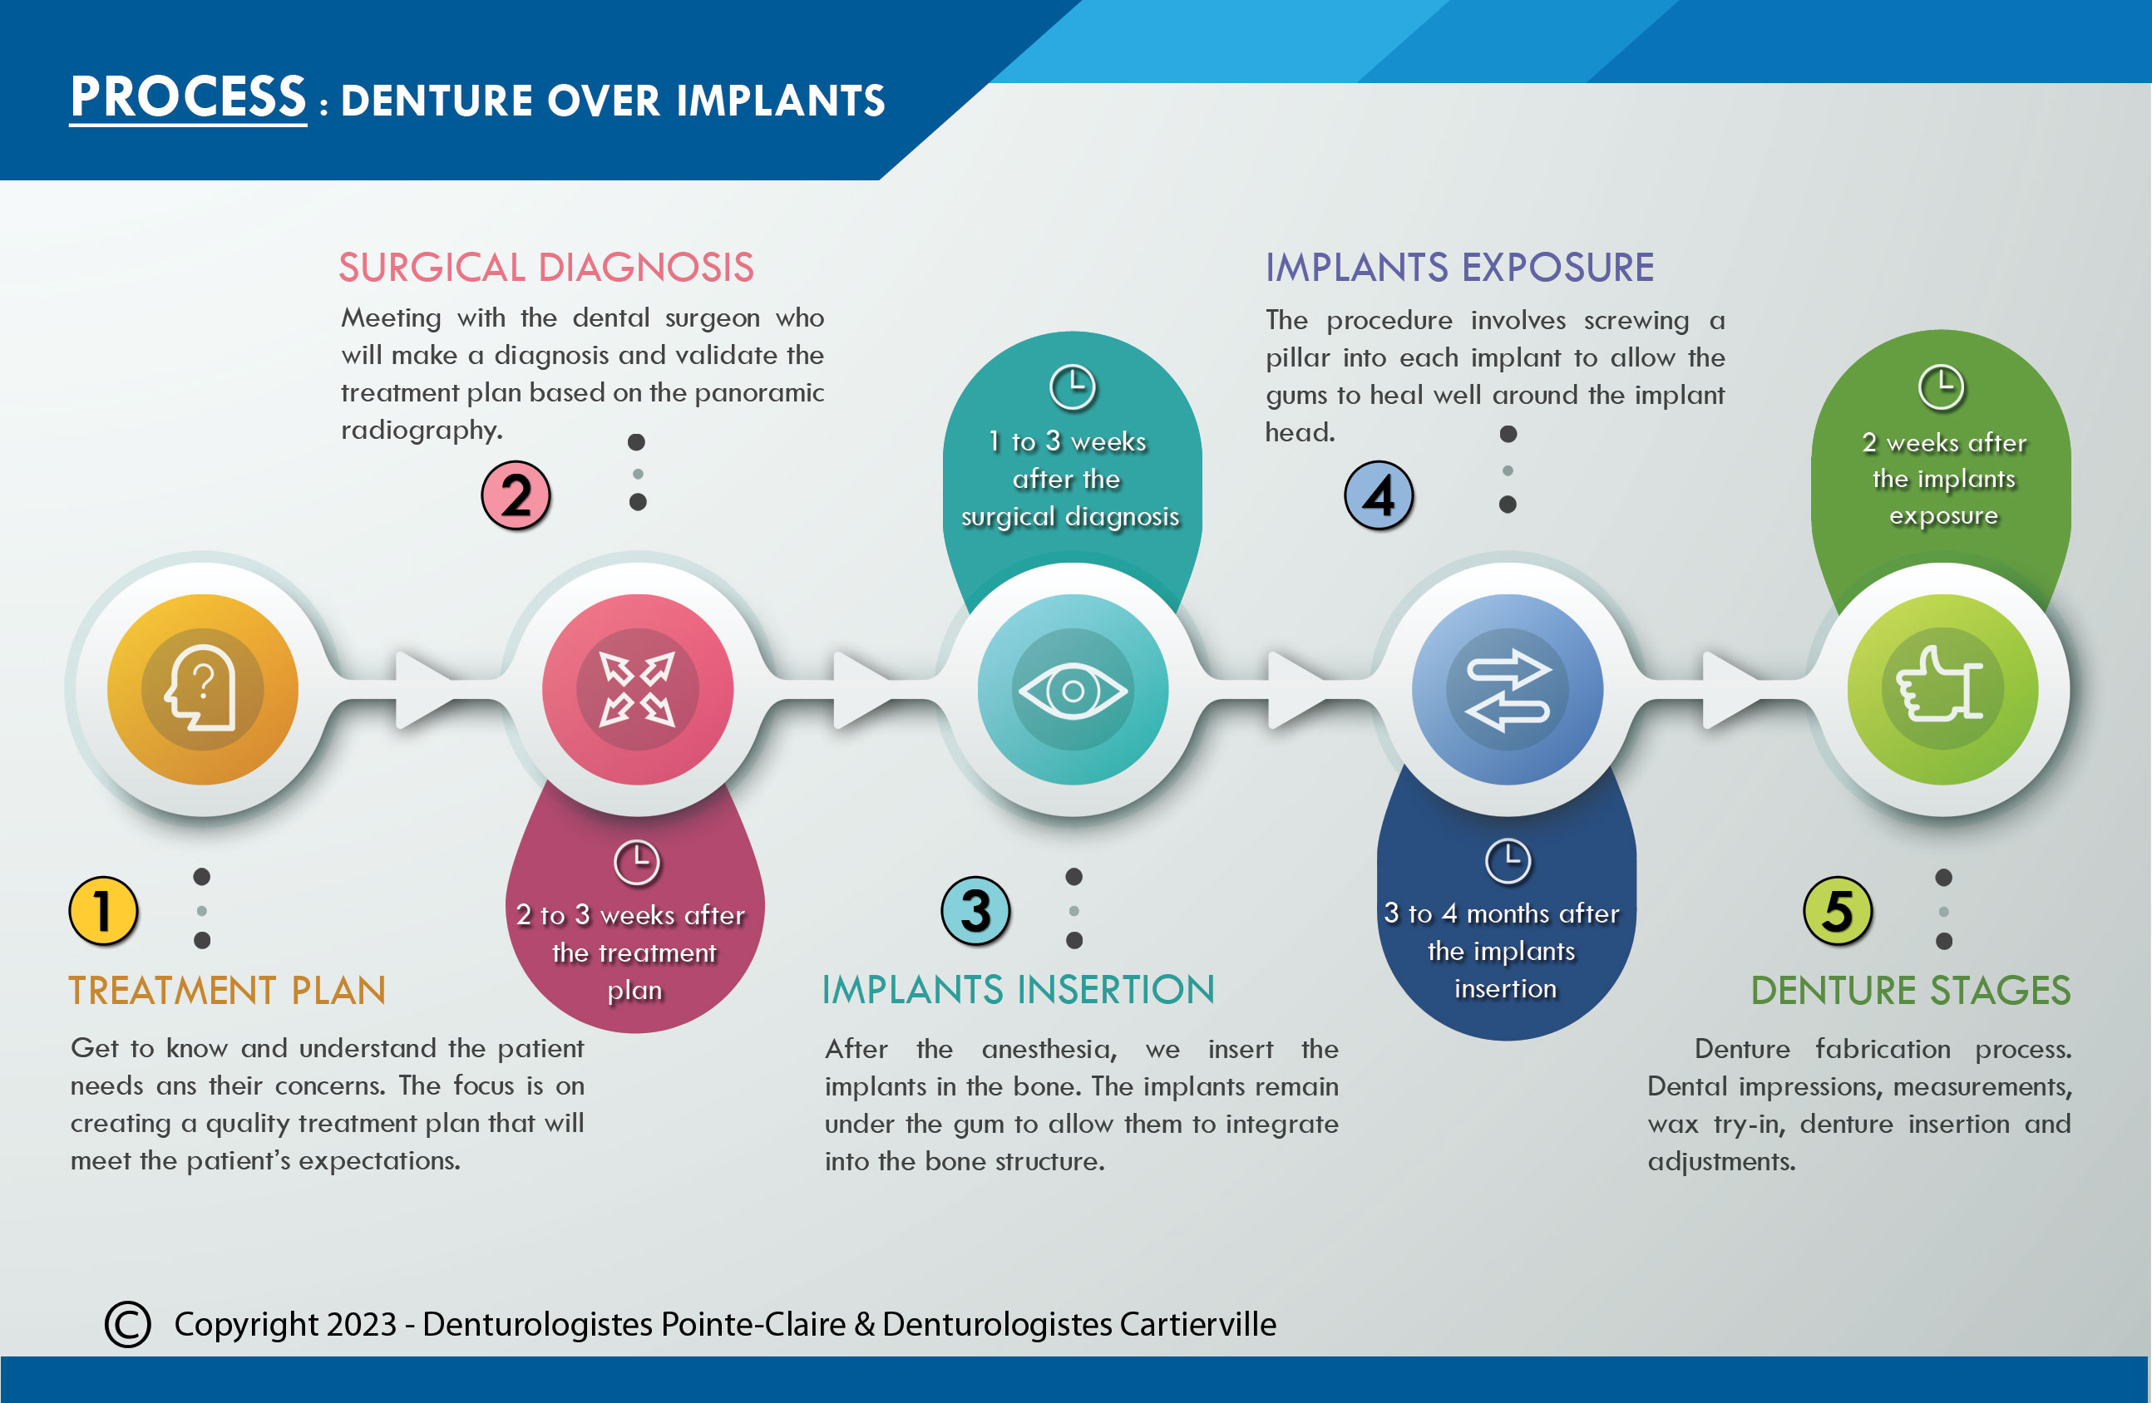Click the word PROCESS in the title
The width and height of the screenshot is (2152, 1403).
point(188,97)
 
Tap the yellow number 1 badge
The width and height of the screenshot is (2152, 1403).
point(103,911)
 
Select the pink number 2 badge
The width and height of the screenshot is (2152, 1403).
point(516,495)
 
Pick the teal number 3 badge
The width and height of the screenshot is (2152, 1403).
point(975,911)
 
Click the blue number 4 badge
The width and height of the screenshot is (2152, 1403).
point(1379,495)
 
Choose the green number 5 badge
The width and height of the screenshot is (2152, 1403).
point(1839,911)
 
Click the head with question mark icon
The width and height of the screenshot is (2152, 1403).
point(200,688)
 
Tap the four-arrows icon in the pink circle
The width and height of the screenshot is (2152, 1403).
point(638,690)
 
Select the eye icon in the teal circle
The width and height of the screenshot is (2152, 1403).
point(1074,692)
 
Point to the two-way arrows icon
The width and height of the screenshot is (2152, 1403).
point(1508,690)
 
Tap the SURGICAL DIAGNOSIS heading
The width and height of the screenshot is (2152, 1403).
point(546,268)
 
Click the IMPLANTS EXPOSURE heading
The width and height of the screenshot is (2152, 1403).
point(1459,268)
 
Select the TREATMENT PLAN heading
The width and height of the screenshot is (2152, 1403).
point(228,991)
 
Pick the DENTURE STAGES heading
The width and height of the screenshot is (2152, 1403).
point(1911,991)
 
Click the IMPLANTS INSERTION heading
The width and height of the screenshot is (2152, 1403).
point(1019,990)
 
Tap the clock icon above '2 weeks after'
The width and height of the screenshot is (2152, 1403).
point(1942,388)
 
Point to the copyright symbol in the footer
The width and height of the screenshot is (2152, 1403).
point(127,1324)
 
